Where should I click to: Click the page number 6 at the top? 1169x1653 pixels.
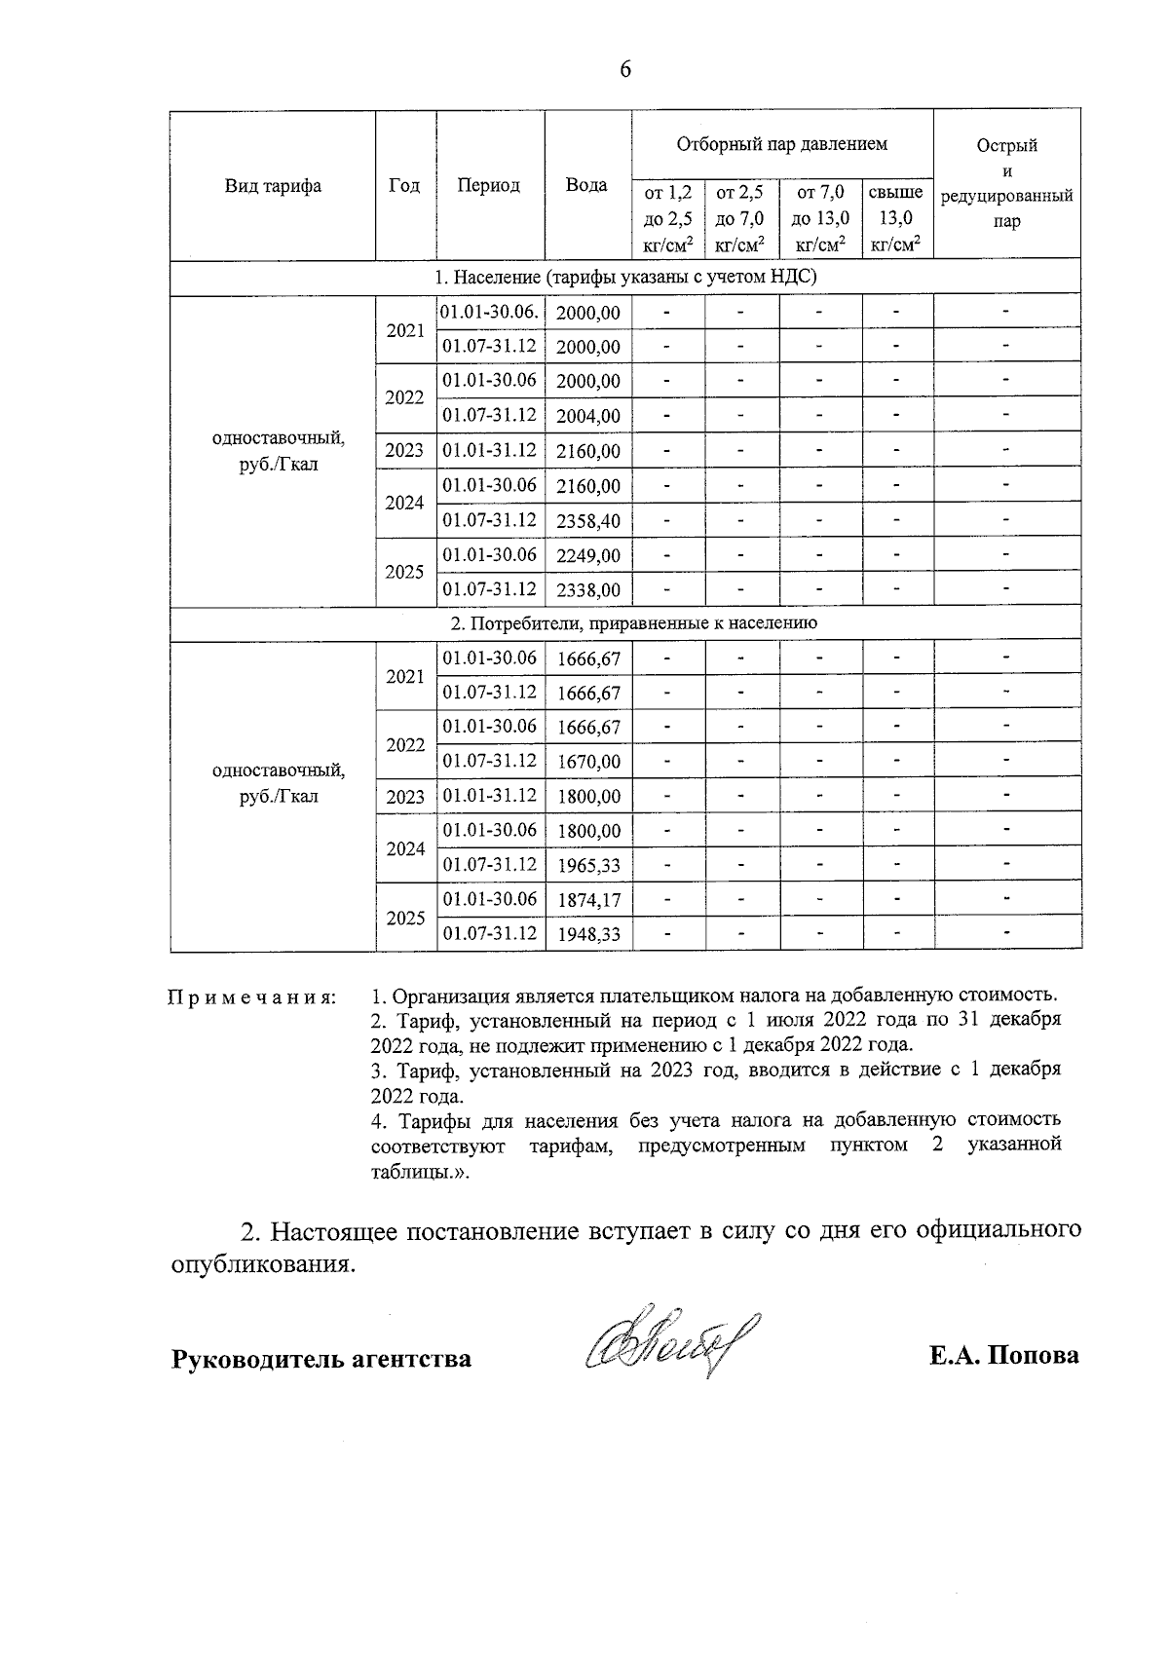(x=624, y=69)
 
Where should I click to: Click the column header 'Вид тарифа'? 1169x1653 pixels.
(x=273, y=185)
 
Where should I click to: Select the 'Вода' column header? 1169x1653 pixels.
(x=586, y=185)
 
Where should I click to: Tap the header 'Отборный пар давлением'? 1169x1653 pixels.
(x=781, y=144)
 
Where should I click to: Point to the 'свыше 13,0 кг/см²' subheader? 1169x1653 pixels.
(x=895, y=219)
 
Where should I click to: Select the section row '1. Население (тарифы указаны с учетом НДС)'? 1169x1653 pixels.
(x=624, y=277)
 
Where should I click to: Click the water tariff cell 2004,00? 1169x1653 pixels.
(x=587, y=416)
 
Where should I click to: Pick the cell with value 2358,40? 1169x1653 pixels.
(x=587, y=521)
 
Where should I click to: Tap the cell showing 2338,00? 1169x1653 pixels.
(x=587, y=590)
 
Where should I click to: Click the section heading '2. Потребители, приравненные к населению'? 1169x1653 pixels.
(x=624, y=622)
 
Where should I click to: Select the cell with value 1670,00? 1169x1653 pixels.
(x=587, y=762)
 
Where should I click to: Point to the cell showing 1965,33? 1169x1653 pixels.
(x=587, y=866)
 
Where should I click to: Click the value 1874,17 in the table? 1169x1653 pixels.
(x=587, y=900)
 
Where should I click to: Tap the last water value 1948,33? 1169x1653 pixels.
(x=587, y=935)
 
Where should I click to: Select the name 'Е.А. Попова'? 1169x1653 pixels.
(x=1003, y=1356)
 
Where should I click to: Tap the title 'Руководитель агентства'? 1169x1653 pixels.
(x=321, y=1358)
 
